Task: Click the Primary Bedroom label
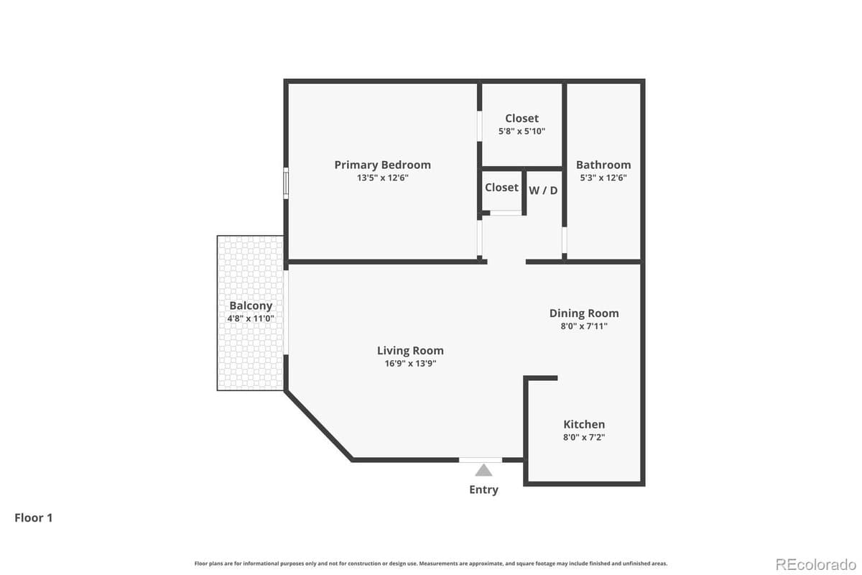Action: [x=382, y=165]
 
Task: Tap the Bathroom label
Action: [x=603, y=165]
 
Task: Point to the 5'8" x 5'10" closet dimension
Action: [x=522, y=132]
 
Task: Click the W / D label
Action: [x=543, y=190]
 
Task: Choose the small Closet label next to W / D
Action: [x=501, y=188]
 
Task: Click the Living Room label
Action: [x=410, y=351]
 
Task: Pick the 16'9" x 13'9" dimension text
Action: [x=410, y=364]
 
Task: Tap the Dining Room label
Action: [x=583, y=313]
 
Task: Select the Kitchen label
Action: [x=583, y=424]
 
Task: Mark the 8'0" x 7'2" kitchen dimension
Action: [x=583, y=437]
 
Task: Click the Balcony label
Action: [x=251, y=305]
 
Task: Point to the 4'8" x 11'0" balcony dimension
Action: [x=251, y=318]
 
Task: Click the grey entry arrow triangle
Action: [x=483, y=470]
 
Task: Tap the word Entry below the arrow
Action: [x=483, y=489]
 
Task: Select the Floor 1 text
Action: [x=34, y=517]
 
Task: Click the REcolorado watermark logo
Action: [x=816, y=563]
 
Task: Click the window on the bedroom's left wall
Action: [x=285, y=183]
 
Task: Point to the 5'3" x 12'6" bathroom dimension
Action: [x=603, y=178]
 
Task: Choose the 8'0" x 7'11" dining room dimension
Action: [x=583, y=326]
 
